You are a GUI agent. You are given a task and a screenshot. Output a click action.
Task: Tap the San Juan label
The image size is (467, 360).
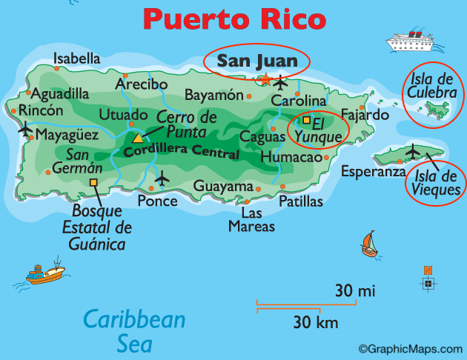coord(257,61)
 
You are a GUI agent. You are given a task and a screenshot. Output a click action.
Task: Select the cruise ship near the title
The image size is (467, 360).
coord(411,40)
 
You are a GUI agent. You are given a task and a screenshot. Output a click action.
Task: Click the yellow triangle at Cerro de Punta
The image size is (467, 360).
coord(137,138)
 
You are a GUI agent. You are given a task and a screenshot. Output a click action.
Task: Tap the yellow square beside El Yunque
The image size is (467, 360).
coord(306,120)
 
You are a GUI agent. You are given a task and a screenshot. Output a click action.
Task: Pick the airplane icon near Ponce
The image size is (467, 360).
coord(162,179)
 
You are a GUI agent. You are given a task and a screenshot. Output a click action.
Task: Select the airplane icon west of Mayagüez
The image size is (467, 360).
coord(25,131)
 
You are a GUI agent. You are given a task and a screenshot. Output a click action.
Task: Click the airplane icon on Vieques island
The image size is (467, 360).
coord(413,153)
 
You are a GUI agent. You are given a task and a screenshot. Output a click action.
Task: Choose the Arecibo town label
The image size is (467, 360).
coord(141,84)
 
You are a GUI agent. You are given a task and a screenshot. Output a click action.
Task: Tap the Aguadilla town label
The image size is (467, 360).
coord(60,94)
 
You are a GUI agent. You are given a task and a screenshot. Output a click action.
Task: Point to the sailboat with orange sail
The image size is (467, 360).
coord(368,244)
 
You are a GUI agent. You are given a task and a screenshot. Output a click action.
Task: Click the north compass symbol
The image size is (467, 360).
coord(428,281)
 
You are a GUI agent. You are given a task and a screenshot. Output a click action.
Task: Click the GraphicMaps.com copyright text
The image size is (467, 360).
coord(410,349)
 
